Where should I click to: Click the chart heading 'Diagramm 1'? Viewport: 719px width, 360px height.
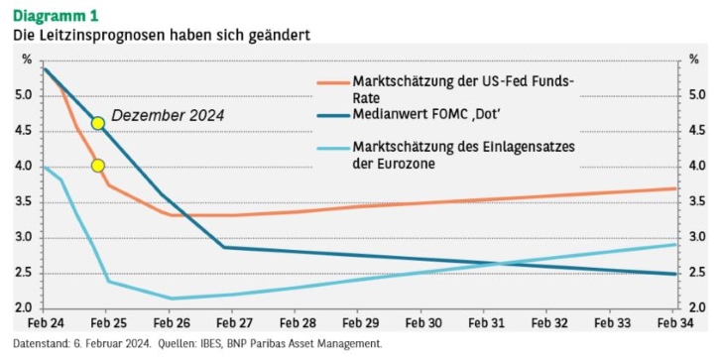(x=56, y=16)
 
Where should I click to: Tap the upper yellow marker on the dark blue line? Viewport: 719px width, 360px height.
(x=97, y=123)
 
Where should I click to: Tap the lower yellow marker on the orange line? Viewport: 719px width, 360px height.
(x=97, y=166)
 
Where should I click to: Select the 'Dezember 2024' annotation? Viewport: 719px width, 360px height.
(x=168, y=116)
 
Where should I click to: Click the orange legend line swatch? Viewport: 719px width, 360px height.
(x=333, y=83)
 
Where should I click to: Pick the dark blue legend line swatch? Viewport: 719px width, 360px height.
(x=333, y=116)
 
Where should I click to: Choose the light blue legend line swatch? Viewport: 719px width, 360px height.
(x=333, y=148)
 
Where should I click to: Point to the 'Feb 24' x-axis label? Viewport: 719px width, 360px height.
(x=46, y=323)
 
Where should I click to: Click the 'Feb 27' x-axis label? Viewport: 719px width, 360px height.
(x=234, y=323)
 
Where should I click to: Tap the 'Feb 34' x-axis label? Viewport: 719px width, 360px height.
(x=675, y=323)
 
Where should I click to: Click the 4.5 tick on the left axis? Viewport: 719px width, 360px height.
(x=23, y=131)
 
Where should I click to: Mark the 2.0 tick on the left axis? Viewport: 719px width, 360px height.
(x=23, y=307)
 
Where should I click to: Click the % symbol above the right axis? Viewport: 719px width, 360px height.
(x=694, y=60)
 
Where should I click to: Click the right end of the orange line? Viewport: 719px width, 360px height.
(x=676, y=188)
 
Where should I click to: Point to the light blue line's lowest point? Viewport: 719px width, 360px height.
(x=171, y=299)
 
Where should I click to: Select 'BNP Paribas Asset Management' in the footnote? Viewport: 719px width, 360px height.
(x=303, y=343)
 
